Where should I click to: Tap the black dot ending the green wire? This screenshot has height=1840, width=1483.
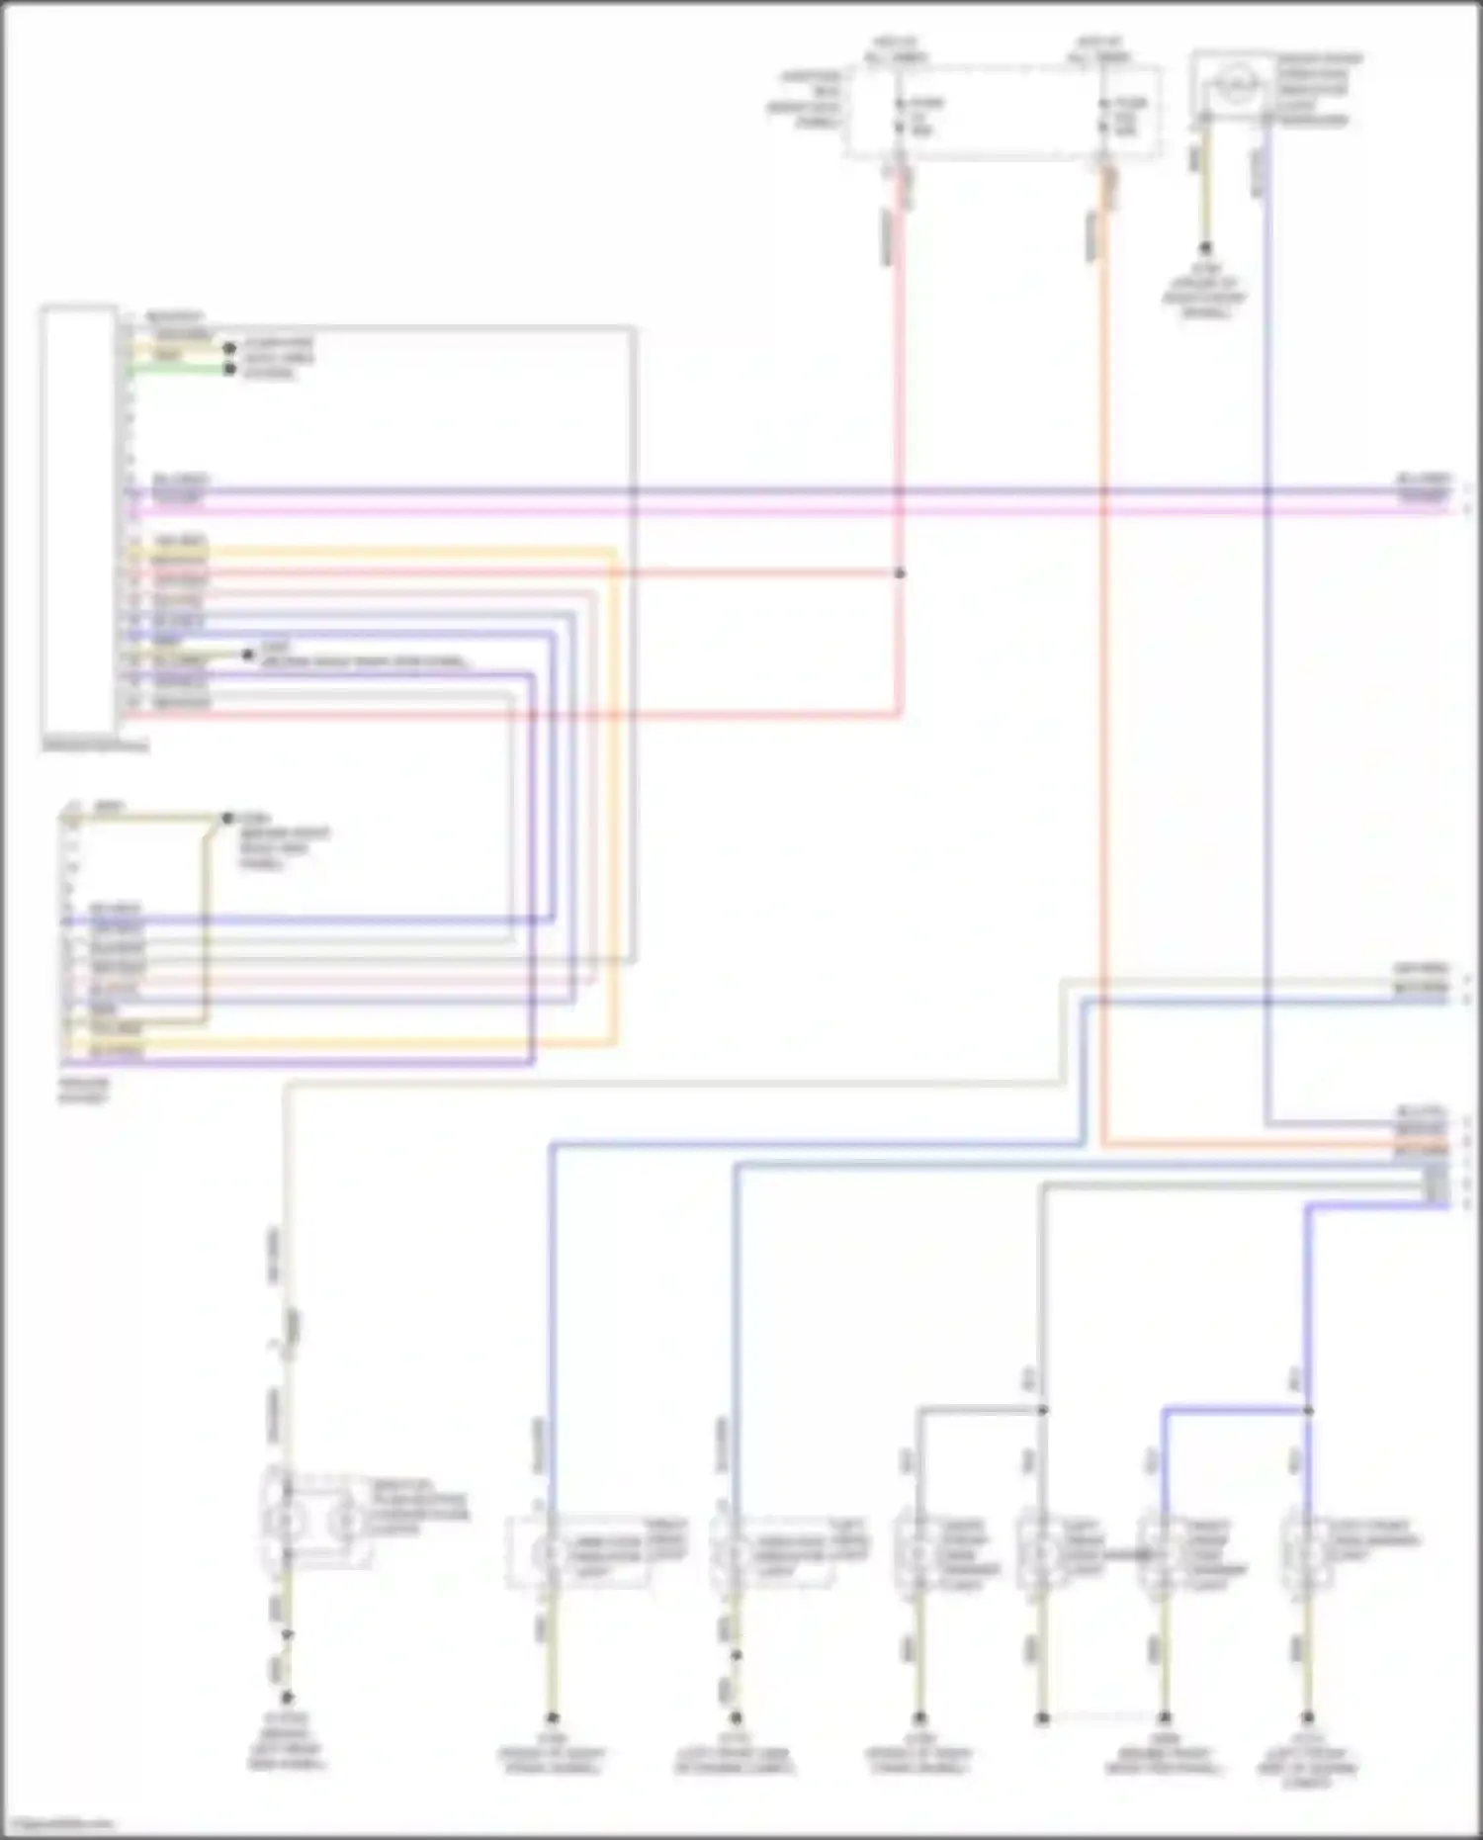(x=230, y=370)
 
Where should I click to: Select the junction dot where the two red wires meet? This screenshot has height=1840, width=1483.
(x=900, y=573)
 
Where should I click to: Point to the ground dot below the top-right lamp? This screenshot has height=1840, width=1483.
(x=1205, y=248)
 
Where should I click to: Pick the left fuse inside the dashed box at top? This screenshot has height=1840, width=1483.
(x=900, y=117)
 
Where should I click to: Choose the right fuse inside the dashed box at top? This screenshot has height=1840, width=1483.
(x=1104, y=117)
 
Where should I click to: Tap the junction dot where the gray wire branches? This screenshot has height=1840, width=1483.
(x=1042, y=1410)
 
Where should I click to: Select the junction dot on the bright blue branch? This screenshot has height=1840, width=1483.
(x=1308, y=1410)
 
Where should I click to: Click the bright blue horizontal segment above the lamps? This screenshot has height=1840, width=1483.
(x=1236, y=1410)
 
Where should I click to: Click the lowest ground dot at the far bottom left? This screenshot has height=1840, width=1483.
(x=288, y=1698)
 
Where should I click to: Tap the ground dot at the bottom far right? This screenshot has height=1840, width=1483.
(x=1308, y=1717)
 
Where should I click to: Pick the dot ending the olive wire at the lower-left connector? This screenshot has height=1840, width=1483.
(x=227, y=819)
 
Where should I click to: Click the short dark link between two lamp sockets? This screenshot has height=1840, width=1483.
(x=1123, y=1554)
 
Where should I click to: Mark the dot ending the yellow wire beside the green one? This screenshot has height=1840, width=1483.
(x=230, y=349)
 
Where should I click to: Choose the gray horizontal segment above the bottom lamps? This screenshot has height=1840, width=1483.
(x=979, y=1410)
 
